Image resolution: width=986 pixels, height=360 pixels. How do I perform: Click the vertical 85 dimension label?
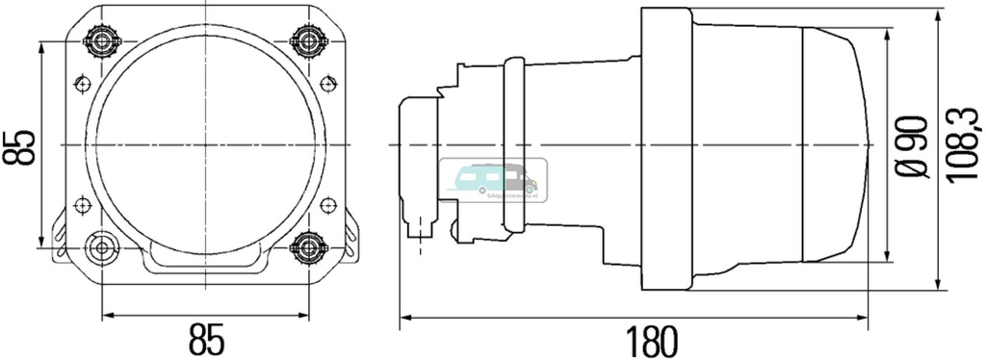tap(19, 144)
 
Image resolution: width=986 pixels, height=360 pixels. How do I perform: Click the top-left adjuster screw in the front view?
tap(100, 40)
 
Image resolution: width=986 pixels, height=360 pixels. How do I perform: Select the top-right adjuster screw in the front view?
tap(308, 40)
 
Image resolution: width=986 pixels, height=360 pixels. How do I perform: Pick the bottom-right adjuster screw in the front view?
tap(308, 248)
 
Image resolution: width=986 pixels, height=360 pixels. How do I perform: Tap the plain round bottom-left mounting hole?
tap(100, 248)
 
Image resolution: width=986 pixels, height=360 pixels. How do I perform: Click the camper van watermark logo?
tap(493, 179)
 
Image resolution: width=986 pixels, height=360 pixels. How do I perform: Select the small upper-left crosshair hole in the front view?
tap(82, 82)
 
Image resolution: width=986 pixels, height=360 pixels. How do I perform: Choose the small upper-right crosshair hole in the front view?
tap(327, 82)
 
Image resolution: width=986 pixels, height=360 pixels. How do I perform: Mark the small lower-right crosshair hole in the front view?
tap(327, 204)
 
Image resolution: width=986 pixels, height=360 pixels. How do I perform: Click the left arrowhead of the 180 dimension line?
tap(404, 315)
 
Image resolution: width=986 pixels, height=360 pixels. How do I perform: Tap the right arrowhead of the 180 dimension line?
tap(870, 315)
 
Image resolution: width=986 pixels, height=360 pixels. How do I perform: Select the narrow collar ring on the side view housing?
tap(512, 144)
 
